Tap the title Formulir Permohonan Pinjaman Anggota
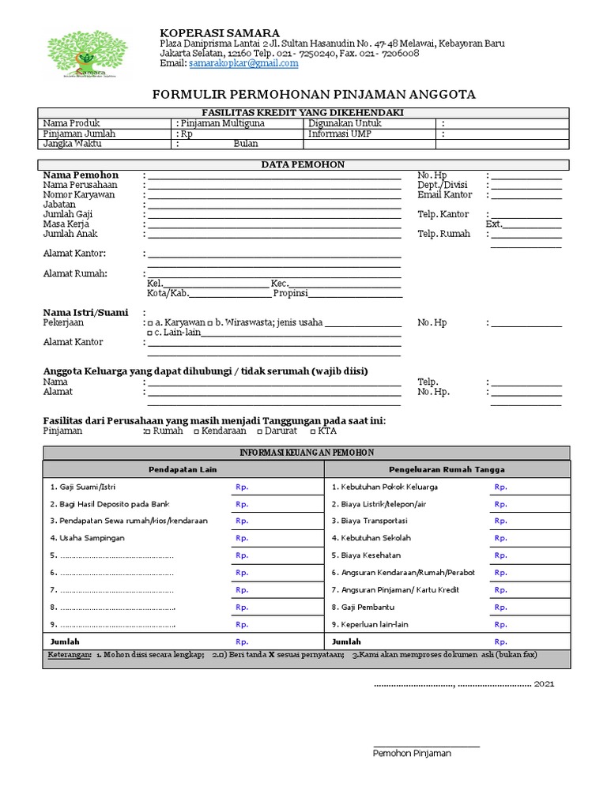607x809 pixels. [314, 95]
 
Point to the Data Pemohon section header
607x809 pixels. [303, 164]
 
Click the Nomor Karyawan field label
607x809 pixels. [79, 194]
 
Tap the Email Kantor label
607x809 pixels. [444, 194]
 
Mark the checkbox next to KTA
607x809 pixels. [312, 431]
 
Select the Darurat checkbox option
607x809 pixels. [259, 431]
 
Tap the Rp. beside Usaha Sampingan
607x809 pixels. [242, 538]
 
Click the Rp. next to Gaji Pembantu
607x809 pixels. [501, 608]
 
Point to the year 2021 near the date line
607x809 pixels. [545, 683]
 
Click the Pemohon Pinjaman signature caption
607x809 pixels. [412, 754]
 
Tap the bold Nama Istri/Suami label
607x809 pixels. [85, 312]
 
